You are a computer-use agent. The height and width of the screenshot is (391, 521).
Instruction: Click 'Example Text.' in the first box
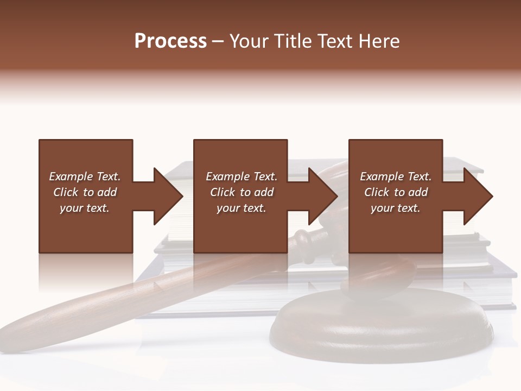[x=85, y=176]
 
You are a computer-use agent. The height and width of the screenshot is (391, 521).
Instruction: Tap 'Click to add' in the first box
[x=85, y=192]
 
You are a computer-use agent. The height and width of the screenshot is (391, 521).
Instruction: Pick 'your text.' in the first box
[x=85, y=208]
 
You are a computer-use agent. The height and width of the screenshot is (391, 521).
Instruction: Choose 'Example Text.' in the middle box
[x=242, y=176]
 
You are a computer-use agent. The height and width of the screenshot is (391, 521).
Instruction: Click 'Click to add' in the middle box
[x=242, y=192]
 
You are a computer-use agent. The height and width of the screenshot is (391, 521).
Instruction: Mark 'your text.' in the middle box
[x=242, y=208]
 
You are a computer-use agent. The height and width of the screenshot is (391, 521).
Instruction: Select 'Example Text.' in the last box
[x=396, y=176]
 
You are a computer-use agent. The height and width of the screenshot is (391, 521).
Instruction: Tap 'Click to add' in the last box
[x=396, y=192]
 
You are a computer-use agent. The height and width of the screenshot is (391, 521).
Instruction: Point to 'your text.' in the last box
[x=396, y=208]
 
